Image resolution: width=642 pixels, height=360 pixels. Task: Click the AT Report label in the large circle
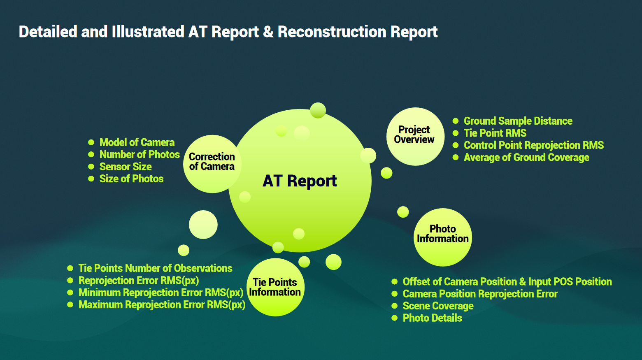(x=300, y=181)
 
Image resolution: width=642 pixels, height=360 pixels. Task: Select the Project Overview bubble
(x=415, y=137)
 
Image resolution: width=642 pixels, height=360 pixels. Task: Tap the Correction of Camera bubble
(x=212, y=164)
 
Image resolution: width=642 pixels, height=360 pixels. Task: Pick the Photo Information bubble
(x=443, y=237)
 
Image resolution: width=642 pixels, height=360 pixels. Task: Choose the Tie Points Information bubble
(x=275, y=287)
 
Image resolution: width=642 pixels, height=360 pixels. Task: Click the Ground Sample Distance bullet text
(x=518, y=121)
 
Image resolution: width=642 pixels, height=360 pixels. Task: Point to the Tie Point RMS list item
(x=495, y=133)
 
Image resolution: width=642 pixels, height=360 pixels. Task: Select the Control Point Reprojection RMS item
(x=534, y=145)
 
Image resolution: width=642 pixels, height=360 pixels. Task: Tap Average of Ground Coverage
(x=526, y=157)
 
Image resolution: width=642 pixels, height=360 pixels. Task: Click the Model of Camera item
(x=137, y=142)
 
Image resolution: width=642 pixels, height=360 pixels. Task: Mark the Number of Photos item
(x=139, y=154)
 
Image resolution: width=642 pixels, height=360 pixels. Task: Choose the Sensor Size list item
(x=125, y=167)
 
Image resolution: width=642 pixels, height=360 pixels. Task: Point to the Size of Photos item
(x=131, y=179)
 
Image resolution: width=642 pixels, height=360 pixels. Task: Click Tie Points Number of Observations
(x=155, y=268)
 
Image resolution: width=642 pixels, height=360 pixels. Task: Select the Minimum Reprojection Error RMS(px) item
(x=161, y=293)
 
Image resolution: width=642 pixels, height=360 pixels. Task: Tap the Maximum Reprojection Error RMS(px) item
(x=162, y=304)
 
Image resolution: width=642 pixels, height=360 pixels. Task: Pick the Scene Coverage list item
(x=438, y=306)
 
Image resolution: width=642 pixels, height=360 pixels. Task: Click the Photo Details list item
(x=432, y=318)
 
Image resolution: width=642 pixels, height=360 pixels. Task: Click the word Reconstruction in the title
(x=332, y=32)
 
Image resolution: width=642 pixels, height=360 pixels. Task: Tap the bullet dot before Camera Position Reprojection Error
(x=394, y=294)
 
